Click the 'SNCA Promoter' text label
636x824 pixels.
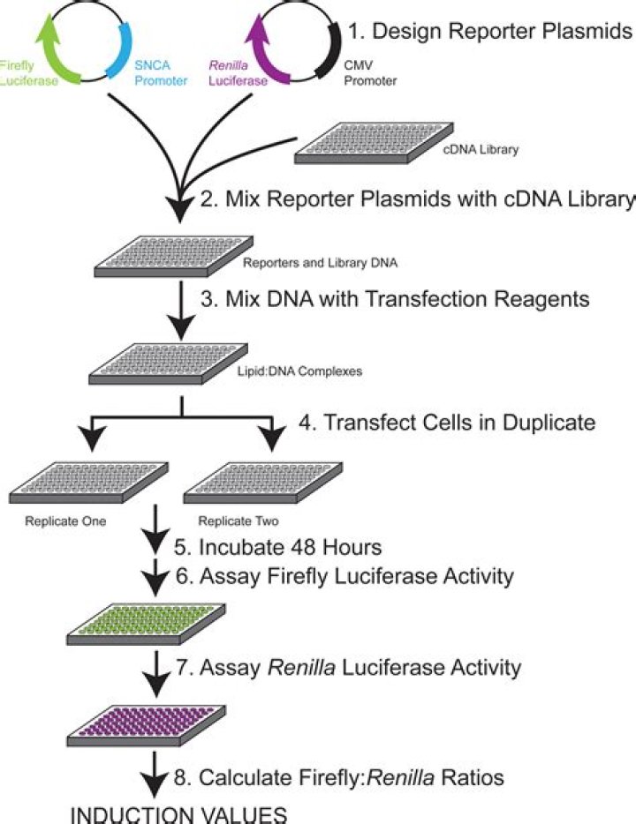click(x=151, y=75)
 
